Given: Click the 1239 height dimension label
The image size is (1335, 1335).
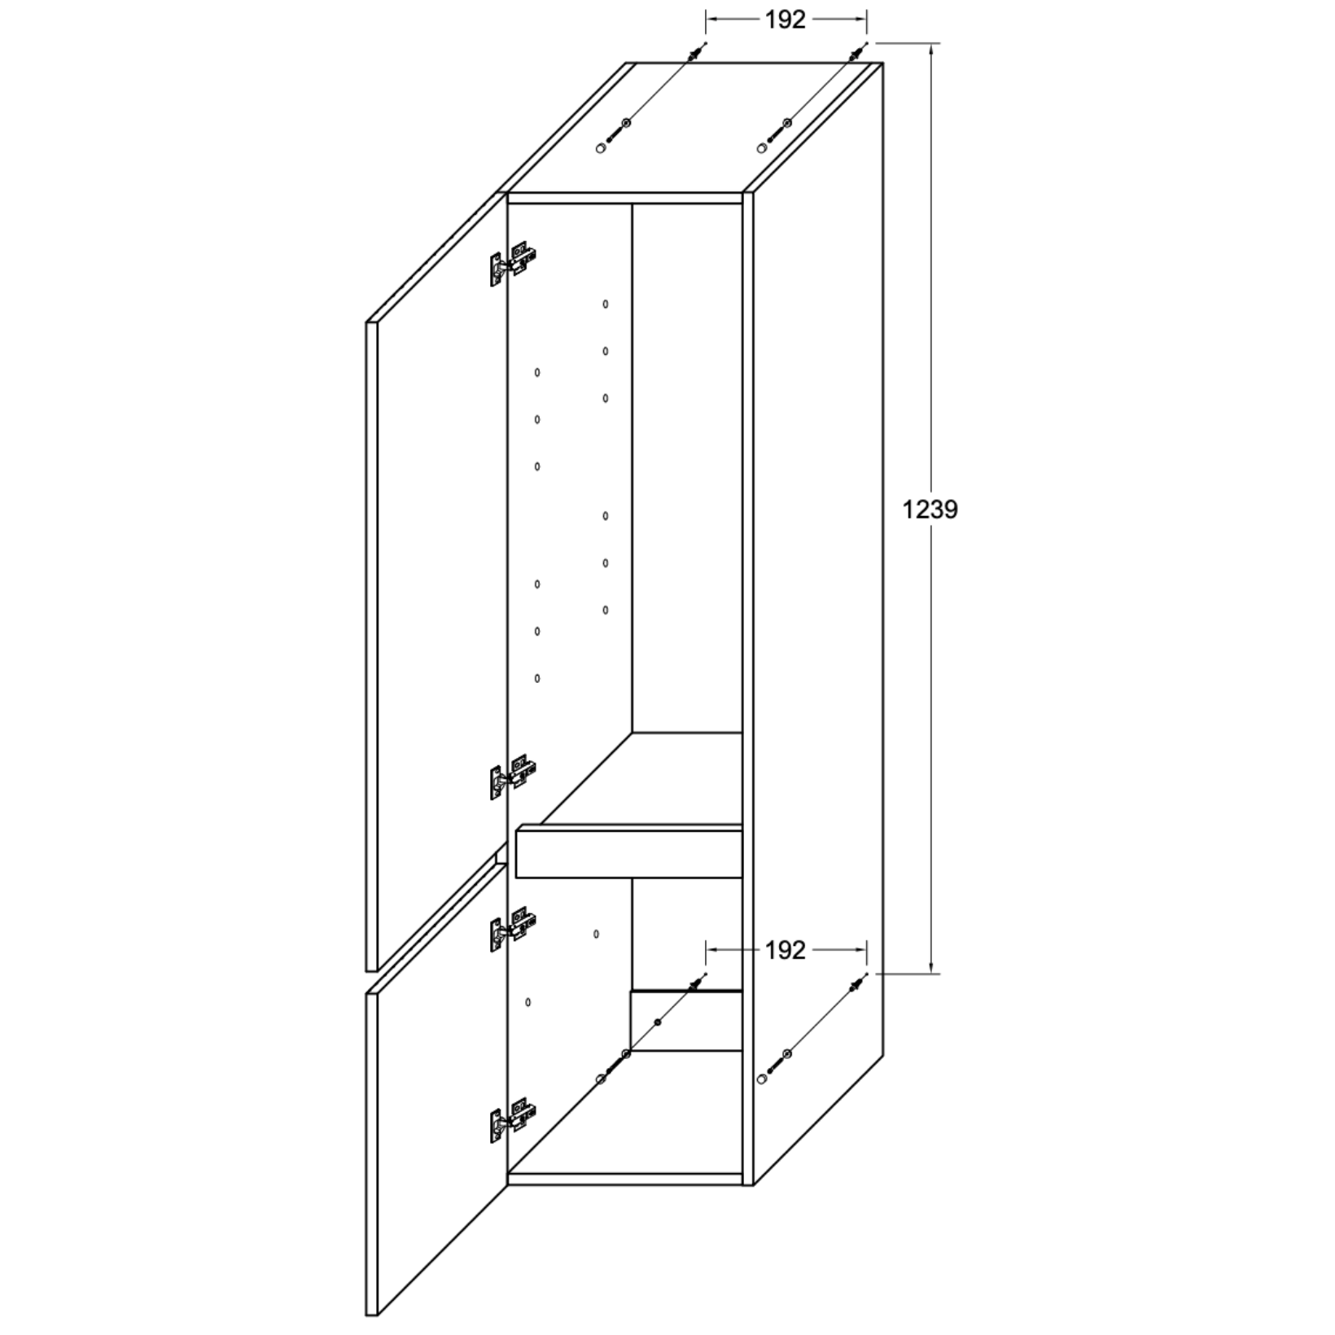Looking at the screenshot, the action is click(x=930, y=510).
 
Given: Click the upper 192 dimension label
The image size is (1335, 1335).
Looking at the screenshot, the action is click(x=785, y=20).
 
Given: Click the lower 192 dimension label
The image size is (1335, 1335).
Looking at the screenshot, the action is click(x=785, y=950).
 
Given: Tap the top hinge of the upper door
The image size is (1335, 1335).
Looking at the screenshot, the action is click(x=513, y=265).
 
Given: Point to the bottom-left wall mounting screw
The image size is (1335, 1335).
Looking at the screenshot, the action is click(x=651, y=1028).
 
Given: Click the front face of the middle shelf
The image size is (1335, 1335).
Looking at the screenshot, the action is click(x=629, y=852).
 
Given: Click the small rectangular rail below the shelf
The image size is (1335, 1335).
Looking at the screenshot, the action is click(x=686, y=1021).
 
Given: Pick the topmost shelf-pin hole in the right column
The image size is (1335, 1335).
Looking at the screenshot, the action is click(x=606, y=304).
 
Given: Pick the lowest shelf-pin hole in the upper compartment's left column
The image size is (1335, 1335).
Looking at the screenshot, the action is click(x=537, y=678).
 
